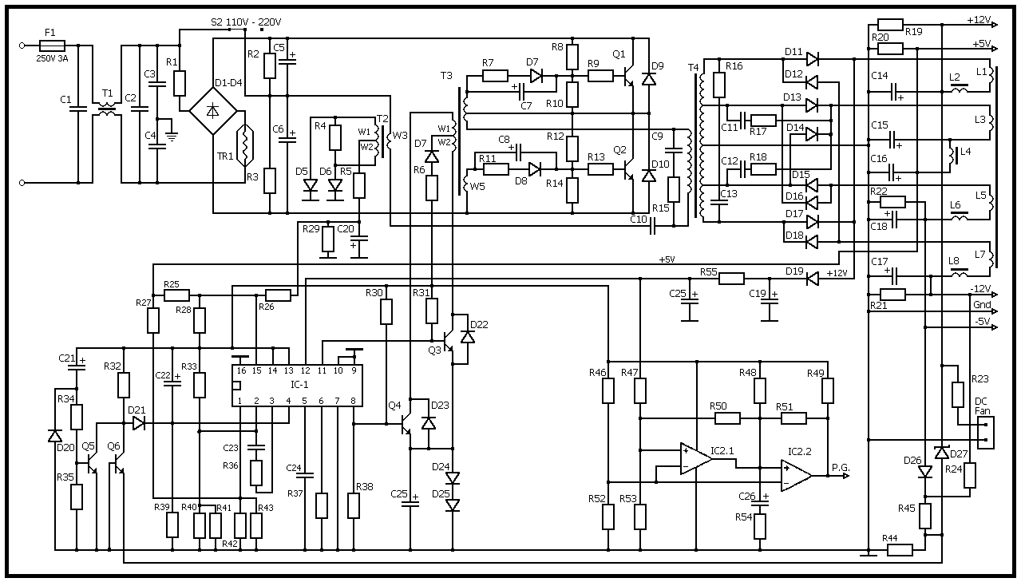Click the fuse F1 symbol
coord(50,46)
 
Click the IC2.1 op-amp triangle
coord(695,459)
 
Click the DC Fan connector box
coord(986,431)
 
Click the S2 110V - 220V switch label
coord(246,22)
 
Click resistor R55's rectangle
coord(731,279)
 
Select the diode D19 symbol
coord(812,279)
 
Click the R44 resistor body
coord(900,549)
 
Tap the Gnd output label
coord(981,305)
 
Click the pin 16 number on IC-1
coord(241,370)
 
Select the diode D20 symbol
coord(54,436)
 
